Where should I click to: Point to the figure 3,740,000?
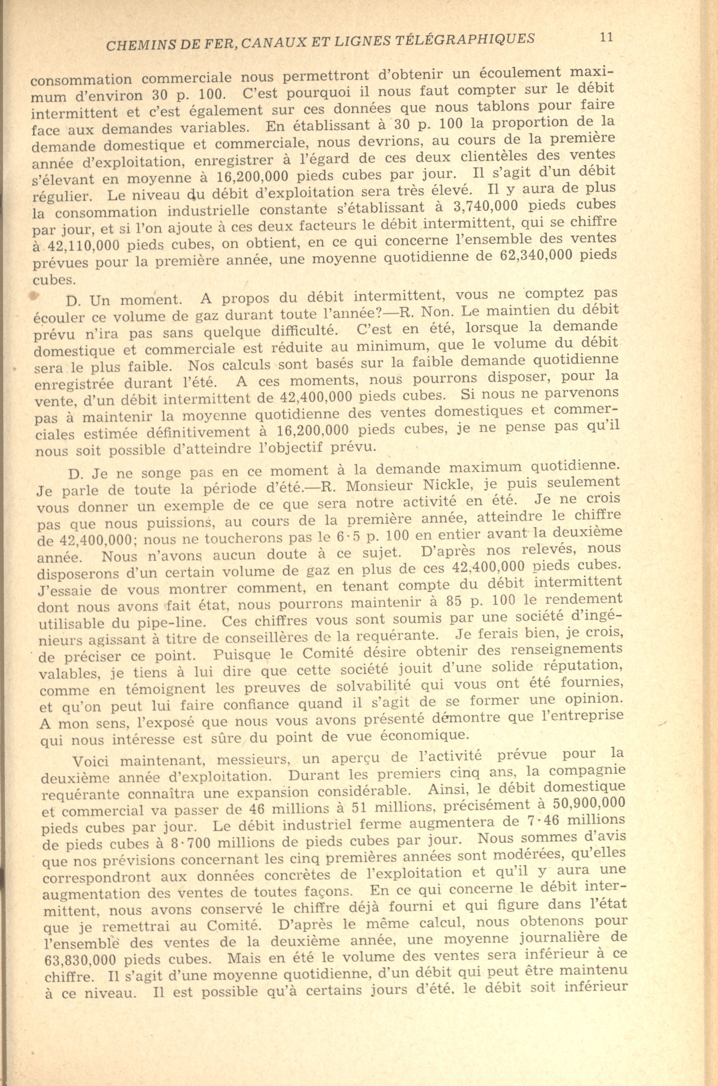[485, 206]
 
